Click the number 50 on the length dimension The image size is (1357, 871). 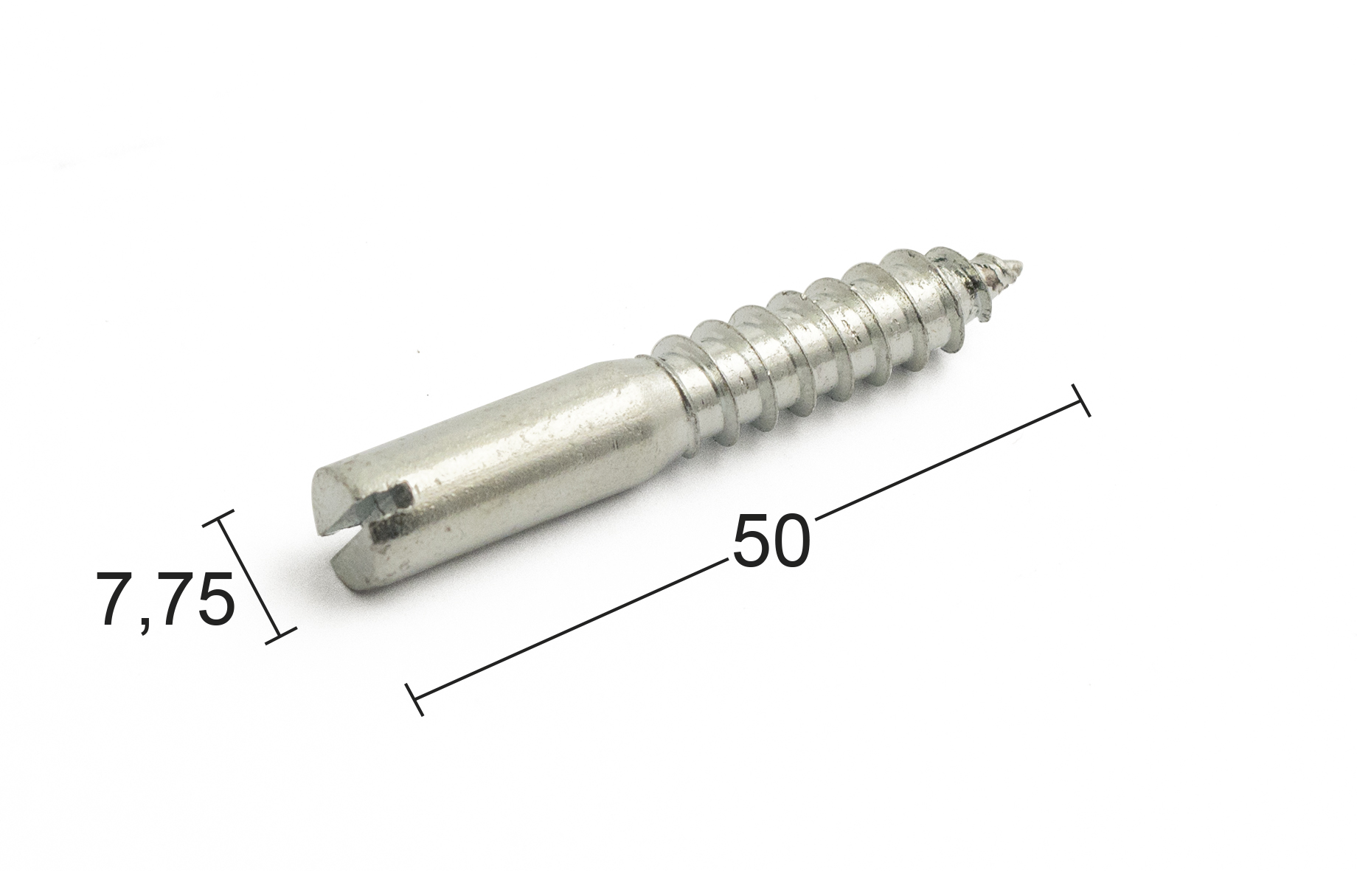(771, 541)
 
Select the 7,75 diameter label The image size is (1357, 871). (166, 599)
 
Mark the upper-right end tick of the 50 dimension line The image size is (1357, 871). (1080, 400)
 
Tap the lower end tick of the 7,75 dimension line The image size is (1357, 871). (280, 635)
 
